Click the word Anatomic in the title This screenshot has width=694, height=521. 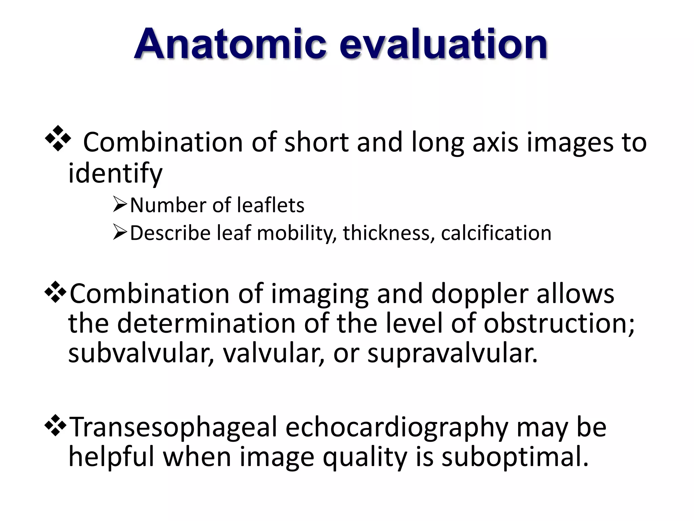point(230,44)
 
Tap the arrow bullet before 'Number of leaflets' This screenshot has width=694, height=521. point(120,205)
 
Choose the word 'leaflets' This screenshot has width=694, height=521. point(270,205)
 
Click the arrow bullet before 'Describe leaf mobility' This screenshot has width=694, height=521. point(120,233)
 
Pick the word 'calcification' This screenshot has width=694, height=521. point(496,233)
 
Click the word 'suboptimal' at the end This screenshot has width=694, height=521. point(515,457)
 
